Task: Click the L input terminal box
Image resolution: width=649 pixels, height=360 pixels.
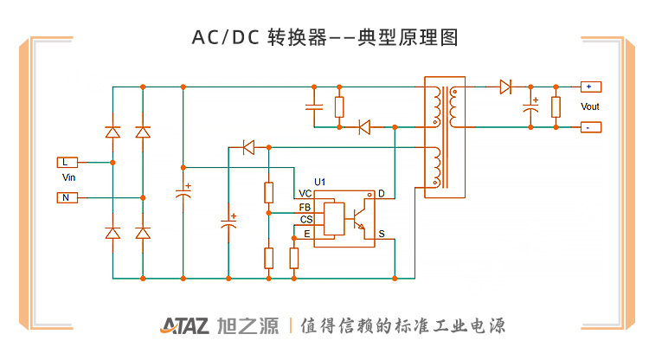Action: click(67, 162)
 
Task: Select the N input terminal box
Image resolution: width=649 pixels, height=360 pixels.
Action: click(67, 198)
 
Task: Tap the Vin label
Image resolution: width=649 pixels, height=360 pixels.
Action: click(68, 177)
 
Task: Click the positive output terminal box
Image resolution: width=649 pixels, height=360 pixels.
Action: click(591, 87)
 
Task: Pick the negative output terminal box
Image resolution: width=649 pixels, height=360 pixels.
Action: click(591, 127)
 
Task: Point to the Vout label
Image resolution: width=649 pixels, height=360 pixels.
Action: click(590, 106)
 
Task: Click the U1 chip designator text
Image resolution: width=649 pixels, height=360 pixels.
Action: click(320, 182)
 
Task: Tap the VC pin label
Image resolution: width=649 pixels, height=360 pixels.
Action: click(305, 194)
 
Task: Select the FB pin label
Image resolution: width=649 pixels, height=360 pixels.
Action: click(305, 207)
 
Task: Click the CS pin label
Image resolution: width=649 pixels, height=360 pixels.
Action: click(306, 220)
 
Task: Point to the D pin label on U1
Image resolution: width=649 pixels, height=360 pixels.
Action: click(382, 194)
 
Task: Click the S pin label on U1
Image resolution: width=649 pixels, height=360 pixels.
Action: click(382, 235)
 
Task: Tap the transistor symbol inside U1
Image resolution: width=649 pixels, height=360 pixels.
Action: click(358, 219)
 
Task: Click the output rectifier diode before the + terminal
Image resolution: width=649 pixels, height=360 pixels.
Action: click(505, 87)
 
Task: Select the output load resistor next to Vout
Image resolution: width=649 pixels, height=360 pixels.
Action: click(556, 107)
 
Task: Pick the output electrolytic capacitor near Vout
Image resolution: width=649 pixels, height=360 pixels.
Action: click(531, 106)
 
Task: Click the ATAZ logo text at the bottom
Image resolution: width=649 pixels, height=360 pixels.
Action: click(184, 326)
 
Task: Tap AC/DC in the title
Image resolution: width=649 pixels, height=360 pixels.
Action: click(226, 38)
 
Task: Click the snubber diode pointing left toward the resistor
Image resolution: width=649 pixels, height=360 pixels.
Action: click(364, 127)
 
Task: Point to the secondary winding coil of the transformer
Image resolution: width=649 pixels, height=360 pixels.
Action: click(453, 106)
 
